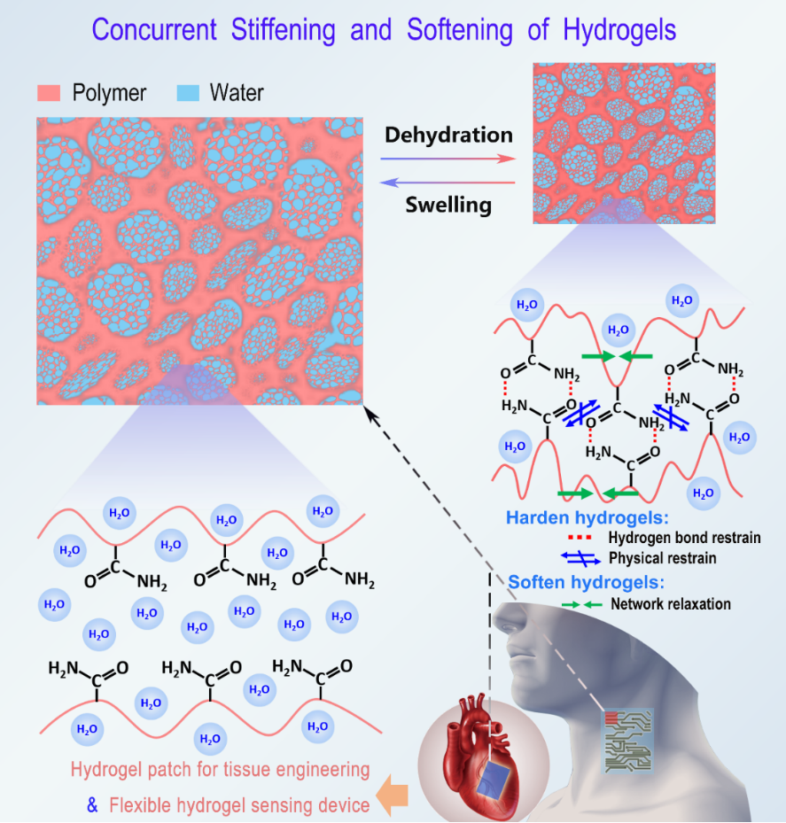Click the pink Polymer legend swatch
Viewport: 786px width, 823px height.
pos(48,92)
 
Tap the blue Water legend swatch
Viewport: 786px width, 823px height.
pos(187,92)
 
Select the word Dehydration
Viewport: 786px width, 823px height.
pos(448,135)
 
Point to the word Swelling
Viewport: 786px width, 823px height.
pos(448,205)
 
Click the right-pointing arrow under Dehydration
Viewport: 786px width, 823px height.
pos(448,159)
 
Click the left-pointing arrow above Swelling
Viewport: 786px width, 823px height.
pos(448,182)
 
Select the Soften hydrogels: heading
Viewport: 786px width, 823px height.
pos(586,582)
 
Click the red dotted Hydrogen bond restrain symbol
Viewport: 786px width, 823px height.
pos(579,538)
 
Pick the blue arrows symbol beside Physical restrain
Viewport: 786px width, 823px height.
pos(580,558)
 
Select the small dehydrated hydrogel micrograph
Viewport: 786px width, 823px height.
pos(624,143)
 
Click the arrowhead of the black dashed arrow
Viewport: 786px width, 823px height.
pos(370,411)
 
